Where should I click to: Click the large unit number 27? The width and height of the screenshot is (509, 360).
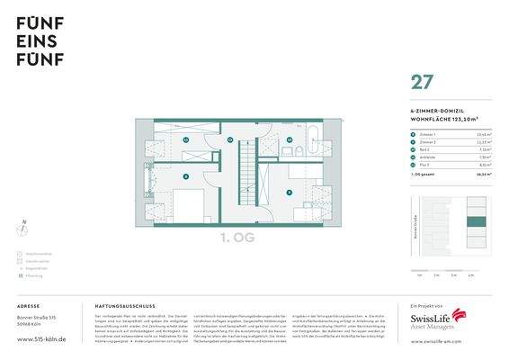[420, 83]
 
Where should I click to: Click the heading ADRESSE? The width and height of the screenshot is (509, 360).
[28, 306]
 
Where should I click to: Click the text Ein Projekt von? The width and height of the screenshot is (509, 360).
[421, 306]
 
